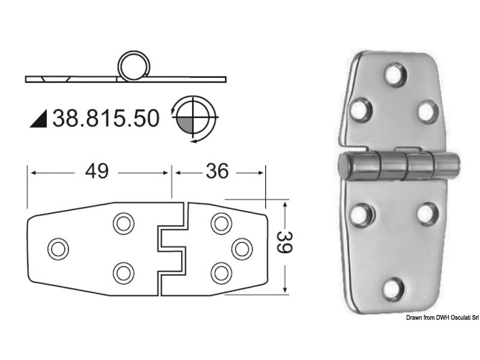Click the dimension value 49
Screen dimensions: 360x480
97,172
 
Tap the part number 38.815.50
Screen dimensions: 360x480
106,118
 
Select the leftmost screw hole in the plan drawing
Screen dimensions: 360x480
58,248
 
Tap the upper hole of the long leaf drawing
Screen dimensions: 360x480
124,223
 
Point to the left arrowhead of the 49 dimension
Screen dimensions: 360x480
32,173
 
